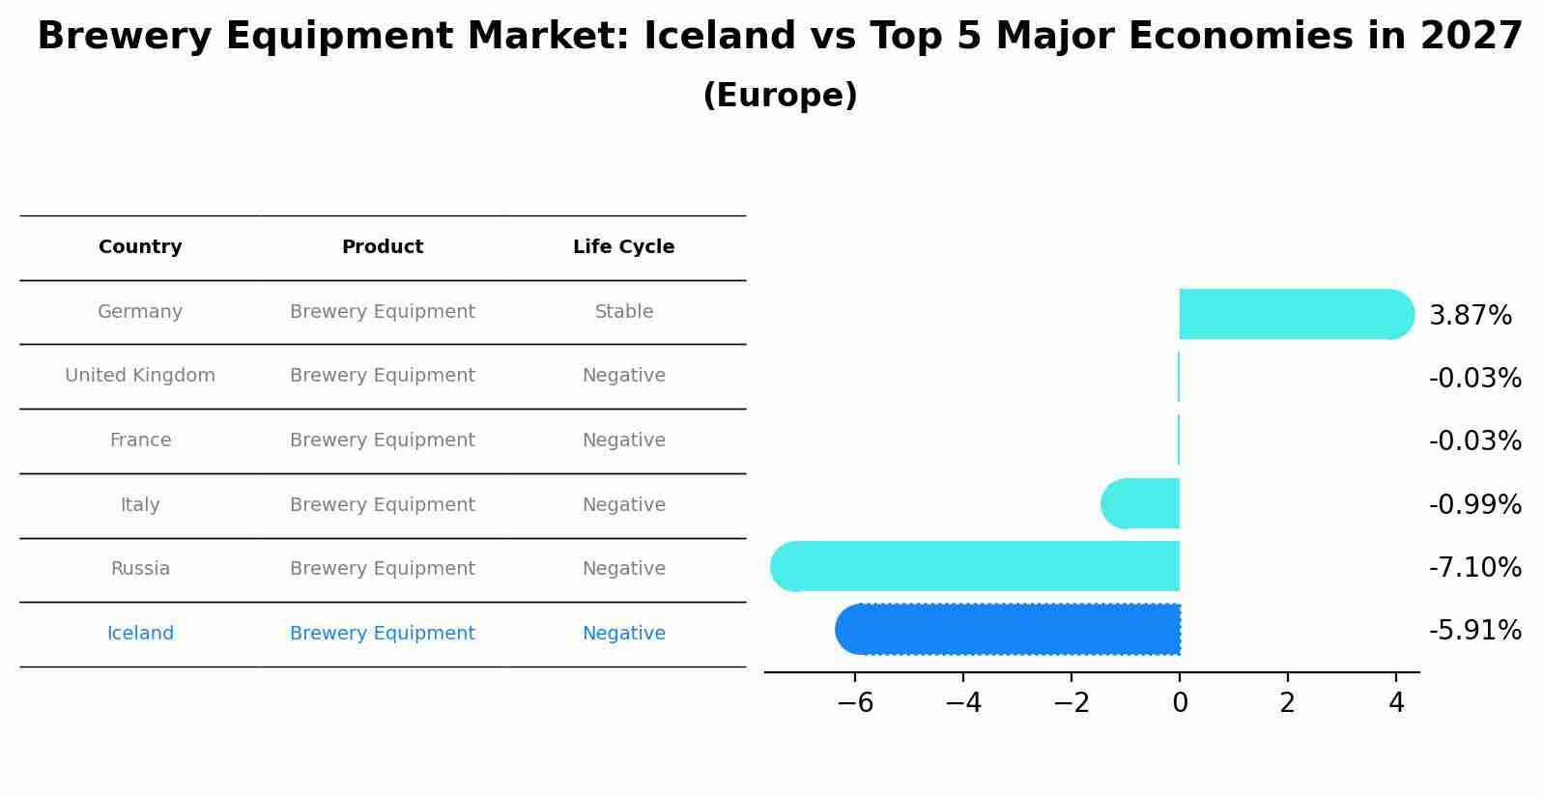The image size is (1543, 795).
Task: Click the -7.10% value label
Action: [1474, 567]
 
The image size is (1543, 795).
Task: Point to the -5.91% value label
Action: [1474, 631]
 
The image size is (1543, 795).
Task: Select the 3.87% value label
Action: [1470, 316]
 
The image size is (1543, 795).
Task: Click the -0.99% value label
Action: [1474, 504]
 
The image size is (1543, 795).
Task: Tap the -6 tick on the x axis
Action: [855, 703]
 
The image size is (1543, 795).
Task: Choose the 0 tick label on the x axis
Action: [1180, 703]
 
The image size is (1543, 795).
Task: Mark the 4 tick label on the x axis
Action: [1395, 703]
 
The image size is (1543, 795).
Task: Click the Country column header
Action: [140, 247]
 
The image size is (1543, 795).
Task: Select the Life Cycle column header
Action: [623, 247]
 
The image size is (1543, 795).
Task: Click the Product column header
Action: [383, 247]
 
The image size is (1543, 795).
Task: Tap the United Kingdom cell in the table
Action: [140, 376]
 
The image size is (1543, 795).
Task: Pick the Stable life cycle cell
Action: [624, 312]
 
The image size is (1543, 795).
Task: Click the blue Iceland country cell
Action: [140, 634]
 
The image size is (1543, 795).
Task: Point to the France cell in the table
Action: [140, 440]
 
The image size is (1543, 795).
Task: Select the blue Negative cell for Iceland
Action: [624, 634]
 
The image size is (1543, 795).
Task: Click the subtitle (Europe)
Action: [780, 96]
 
